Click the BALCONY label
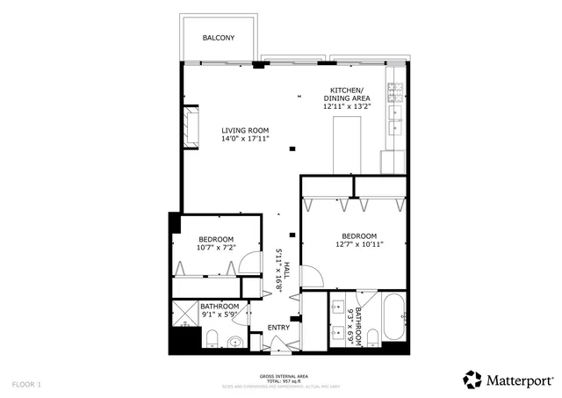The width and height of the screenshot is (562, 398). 217,38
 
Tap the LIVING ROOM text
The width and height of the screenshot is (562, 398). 244,130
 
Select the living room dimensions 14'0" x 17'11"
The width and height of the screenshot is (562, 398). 244,139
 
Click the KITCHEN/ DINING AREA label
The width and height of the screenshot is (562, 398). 349,95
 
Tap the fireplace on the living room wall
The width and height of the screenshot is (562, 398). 191,125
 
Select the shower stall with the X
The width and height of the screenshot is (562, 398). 185,311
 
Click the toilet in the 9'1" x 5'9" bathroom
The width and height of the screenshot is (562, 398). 212,338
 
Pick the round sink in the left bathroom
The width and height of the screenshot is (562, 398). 234,343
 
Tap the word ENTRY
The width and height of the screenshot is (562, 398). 278,328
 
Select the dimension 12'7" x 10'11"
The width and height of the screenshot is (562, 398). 358,245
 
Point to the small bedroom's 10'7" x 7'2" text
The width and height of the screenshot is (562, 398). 215,249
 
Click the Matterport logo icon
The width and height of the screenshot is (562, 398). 473,380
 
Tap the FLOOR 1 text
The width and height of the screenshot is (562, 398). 26,384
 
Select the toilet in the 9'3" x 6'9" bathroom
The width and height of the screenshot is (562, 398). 372,339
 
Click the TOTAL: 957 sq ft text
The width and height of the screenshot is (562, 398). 284,381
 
